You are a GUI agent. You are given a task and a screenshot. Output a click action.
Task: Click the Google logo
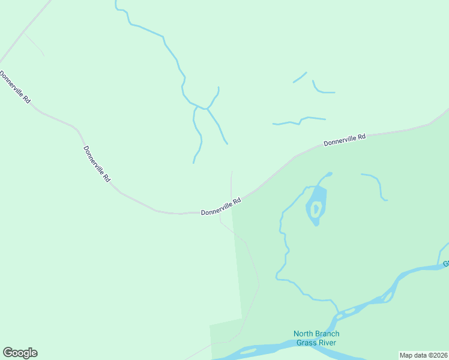(20, 353)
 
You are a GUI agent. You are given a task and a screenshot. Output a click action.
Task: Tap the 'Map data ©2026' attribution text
(424, 355)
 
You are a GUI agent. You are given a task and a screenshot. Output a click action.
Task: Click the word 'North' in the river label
(304, 334)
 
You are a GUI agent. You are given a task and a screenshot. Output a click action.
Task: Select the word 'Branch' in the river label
(328, 334)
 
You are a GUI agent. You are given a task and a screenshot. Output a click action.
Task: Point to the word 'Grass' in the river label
(307, 343)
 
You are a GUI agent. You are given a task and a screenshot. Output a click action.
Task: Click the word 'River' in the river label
(328, 343)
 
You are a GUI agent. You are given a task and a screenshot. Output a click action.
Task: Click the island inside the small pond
(316, 209)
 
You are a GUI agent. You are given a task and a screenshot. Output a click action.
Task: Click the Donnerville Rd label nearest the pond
(221, 206)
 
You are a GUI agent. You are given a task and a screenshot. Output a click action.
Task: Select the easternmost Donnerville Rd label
(345, 140)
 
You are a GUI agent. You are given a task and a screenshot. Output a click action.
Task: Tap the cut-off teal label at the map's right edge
(446, 263)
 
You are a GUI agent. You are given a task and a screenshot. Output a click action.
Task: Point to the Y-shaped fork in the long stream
(207, 109)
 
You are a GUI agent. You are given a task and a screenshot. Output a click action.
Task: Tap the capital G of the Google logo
(8, 352)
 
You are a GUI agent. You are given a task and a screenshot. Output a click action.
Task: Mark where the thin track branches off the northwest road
(23, 34)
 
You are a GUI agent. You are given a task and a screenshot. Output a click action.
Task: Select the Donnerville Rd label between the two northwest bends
(97, 164)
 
